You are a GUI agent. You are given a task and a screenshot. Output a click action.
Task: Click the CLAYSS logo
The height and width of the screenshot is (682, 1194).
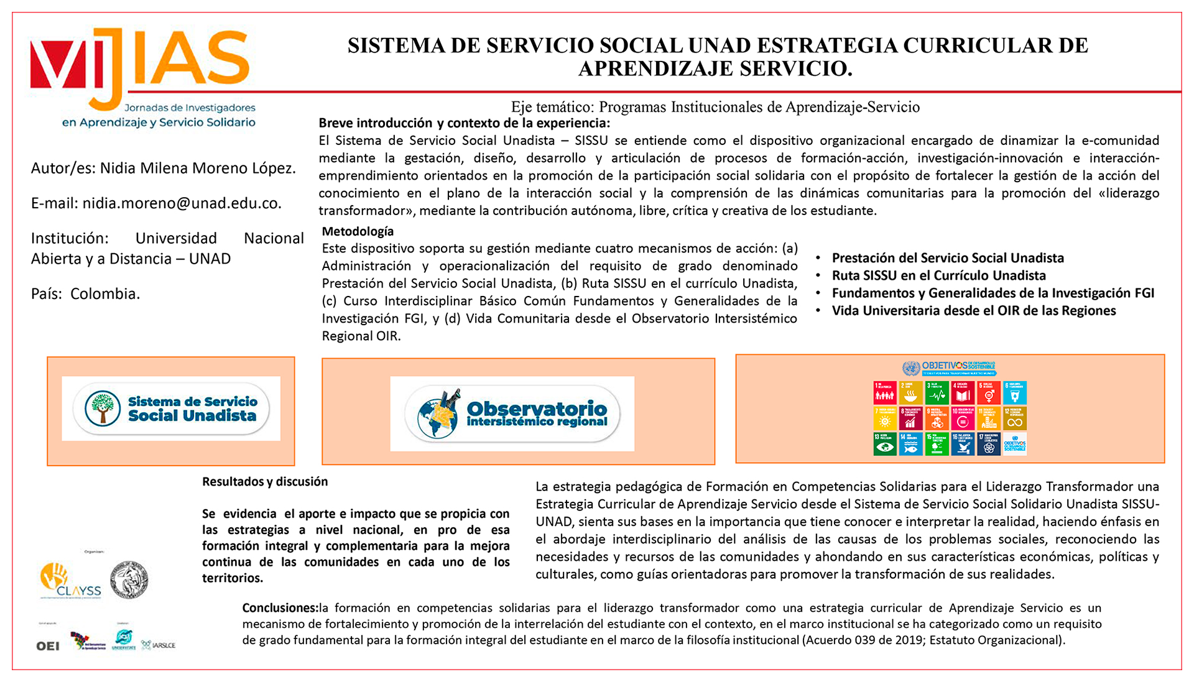[70, 581]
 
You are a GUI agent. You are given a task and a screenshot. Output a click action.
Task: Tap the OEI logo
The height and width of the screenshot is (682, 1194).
[48, 646]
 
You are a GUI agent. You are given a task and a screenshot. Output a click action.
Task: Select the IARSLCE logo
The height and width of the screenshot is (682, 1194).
[159, 645]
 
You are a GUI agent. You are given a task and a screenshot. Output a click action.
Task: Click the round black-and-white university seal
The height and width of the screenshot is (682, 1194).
[129, 579]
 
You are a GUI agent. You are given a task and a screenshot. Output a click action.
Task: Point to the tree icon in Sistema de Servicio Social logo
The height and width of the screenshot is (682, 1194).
[103, 408]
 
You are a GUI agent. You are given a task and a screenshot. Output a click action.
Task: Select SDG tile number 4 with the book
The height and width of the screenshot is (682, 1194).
[963, 393]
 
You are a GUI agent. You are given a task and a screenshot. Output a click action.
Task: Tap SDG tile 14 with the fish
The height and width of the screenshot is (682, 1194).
[911, 444]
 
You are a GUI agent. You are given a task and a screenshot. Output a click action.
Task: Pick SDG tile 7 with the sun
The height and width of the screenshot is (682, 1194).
[885, 418]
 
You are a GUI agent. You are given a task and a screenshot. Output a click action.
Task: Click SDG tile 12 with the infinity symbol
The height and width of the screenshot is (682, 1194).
[1014, 418]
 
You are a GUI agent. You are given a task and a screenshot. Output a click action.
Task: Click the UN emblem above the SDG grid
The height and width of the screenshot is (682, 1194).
[911, 368]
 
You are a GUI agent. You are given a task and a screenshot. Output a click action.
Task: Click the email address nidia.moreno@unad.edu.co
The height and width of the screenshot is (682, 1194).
[182, 203]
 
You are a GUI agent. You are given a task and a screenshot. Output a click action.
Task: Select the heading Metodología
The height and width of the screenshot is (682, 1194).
[358, 231]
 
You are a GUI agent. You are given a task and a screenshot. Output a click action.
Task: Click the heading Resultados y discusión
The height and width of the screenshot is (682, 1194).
[265, 481]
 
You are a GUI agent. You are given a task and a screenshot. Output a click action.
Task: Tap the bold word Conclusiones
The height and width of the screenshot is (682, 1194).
[280, 607]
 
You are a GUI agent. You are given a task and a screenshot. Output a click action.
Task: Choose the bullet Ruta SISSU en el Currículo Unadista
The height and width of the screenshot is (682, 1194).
[938, 275]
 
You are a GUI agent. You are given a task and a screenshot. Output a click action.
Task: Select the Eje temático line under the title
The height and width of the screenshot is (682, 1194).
[715, 107]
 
